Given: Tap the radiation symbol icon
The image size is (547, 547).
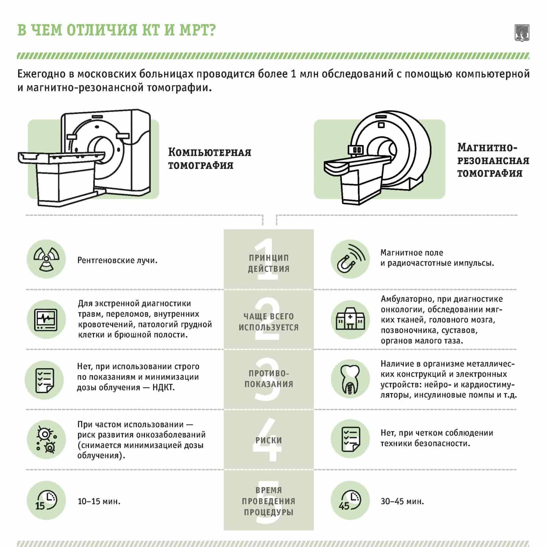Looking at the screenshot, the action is (x=46, y=259).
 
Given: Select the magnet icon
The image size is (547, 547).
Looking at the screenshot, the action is (x=350, y=259).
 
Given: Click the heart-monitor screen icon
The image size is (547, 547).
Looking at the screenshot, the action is (x=46, y=320).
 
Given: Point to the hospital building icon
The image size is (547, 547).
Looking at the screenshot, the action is (x=350, y=319).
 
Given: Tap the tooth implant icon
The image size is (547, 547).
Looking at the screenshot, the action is (x=350, y=379).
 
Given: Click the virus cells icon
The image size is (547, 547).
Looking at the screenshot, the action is (x=46, y=440).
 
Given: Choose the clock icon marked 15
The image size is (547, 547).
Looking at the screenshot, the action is (x=46, y=501).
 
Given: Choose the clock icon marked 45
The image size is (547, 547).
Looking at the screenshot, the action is (x=350, y=501).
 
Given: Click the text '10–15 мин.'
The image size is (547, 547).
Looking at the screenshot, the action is (x=99, y=502).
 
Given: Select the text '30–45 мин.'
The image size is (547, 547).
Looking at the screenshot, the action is (x=402, y=502).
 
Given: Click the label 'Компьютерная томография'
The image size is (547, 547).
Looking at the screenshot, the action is (x=210, y=159).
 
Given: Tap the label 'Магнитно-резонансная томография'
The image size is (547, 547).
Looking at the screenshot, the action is (x=493, y=160).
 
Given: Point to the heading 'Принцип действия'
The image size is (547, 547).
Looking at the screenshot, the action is (x=269, y=263).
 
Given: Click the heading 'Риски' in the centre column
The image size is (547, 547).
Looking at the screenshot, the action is (x=269, y=440).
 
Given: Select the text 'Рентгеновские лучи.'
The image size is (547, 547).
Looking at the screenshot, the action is (x=118, y=261).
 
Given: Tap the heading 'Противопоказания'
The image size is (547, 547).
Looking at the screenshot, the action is (x=269, y=379).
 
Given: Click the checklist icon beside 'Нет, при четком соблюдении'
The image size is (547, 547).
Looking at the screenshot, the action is (x=350, y=439).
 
